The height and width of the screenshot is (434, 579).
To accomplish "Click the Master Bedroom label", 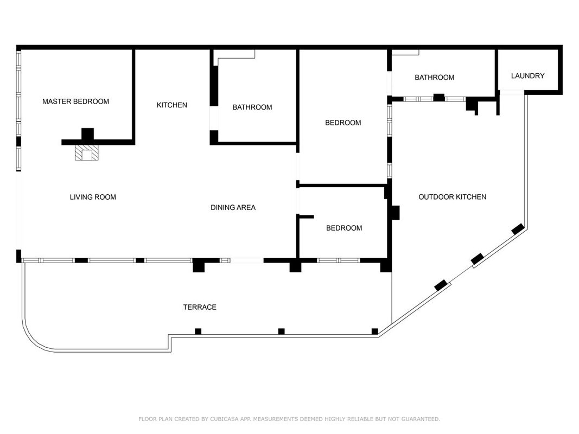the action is coord(75,101).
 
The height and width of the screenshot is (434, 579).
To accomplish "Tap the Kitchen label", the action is coord(171,105).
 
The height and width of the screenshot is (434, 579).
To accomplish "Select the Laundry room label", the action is coord(527,75).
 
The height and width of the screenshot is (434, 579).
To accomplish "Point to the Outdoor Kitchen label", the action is coord(453,197).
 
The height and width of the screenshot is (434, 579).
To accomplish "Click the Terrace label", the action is coord(200,307).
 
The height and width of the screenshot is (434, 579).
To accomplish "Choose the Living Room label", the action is coord(93,197).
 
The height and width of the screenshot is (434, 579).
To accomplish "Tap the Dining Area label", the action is coord(233,207).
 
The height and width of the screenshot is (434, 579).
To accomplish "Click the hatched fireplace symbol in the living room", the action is coord(87,152).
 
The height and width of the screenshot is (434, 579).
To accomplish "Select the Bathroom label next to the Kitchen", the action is coord(252,107).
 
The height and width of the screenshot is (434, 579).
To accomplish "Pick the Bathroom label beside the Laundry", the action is coord(434,78).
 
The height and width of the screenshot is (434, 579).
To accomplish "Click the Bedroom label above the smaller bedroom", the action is coord(343,123).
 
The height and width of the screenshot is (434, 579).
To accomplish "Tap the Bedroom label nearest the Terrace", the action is coord(344,228).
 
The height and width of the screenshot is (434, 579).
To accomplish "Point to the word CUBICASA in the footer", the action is coord(225,419).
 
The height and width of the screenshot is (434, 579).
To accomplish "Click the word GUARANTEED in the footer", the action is coord(421,419).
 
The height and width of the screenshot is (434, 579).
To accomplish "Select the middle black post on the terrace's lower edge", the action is coord(282,331).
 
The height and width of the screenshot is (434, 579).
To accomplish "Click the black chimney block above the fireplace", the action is coord(87,134).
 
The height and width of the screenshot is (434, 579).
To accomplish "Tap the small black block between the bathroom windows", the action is coord(438,98).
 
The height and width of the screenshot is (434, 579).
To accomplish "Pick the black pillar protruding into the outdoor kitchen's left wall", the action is coord(395,213).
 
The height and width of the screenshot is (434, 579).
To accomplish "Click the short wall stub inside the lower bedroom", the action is coord(306,216).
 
